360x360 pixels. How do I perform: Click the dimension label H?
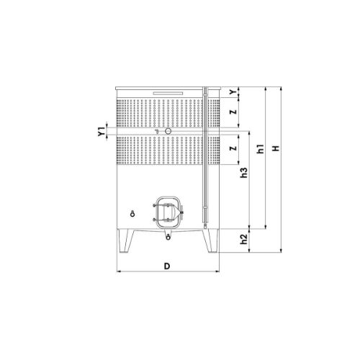coord(276,148)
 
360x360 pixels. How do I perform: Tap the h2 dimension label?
coord(243,239)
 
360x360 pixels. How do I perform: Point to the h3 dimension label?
coord(243,173)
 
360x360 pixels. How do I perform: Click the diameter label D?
coord(167,266)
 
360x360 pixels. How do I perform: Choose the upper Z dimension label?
coord(233,112)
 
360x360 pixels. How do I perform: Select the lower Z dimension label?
coord(233,148)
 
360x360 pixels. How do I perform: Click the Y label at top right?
coord(233,92)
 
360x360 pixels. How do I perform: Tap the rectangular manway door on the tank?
coord(168,212)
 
